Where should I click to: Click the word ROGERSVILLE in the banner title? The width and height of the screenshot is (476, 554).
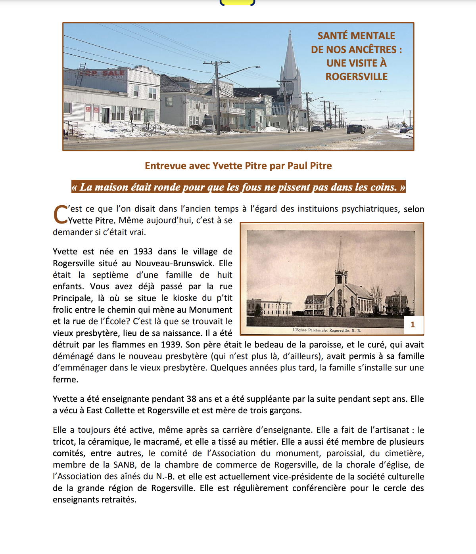[x=356, y=76]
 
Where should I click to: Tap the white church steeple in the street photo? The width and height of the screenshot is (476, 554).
[x=290, y=59]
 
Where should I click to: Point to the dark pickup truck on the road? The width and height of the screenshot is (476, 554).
[x=355, y=129]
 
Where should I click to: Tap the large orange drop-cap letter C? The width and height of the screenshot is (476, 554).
[x=60, y=215]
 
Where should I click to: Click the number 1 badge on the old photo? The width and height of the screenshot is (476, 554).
[x=413, y=325]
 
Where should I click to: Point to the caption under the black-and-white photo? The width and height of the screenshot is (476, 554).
[x=326, y=330]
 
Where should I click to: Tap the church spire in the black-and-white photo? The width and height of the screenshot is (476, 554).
[x=340, y=254]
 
